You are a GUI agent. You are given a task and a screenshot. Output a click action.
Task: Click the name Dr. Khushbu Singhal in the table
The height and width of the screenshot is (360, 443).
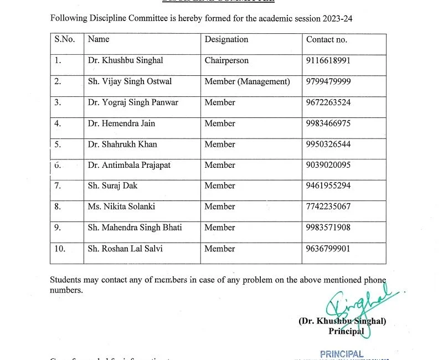point(125,60)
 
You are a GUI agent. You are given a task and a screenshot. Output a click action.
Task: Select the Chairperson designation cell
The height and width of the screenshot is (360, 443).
point(226,60)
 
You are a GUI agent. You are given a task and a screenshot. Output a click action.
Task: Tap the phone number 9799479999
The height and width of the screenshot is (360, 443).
point(328,81)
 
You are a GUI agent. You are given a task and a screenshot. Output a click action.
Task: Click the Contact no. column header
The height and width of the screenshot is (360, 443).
point(327,39)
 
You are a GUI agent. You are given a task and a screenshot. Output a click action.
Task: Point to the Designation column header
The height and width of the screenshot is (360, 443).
point(226,39)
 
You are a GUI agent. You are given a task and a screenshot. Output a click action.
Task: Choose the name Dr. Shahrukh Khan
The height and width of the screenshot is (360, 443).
point(122,144)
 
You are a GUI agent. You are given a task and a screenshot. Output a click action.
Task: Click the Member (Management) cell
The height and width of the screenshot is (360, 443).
point(247,81)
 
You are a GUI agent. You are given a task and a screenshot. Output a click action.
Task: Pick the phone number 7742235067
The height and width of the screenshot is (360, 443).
point(328,207)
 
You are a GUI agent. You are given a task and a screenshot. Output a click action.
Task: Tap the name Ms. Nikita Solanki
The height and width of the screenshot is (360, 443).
point(121,207)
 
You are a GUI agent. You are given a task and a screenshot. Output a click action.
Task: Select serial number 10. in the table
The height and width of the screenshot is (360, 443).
point(60,249)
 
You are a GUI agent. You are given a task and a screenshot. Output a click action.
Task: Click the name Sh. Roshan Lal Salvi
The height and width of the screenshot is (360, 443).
point(125,249)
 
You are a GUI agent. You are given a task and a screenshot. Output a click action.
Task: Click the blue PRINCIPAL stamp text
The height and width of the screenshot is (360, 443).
point(342,354)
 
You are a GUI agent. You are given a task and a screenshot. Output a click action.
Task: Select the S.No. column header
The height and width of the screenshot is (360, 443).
point(65,39)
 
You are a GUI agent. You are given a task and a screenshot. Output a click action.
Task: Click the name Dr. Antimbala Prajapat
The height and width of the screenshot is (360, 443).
point(129,165)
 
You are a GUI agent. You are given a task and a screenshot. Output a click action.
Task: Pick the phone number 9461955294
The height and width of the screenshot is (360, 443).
point(328,186)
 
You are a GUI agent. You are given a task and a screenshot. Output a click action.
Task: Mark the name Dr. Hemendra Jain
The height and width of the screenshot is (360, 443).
point(121,124)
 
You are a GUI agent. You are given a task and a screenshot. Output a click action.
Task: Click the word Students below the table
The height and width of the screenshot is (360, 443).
point(66,280)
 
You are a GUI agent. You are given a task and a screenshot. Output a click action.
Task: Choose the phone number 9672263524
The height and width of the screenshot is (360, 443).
point(328,102)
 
